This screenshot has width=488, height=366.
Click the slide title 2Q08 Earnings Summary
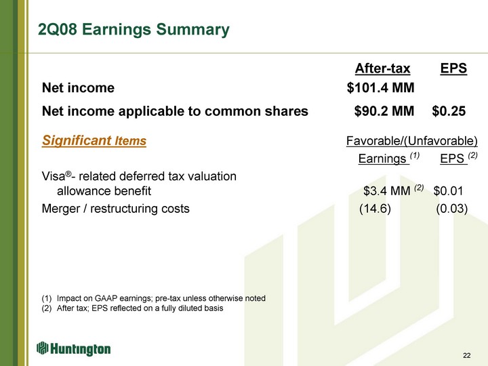[x=134, y=30]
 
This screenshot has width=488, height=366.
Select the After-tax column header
[x=382, y=68]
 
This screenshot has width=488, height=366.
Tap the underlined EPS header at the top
[x=453, y=68]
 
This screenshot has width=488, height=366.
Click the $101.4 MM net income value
[x=381, y=87]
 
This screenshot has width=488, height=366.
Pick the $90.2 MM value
[x=384, y=111]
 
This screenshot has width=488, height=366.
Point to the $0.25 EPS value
[x=449, y=111]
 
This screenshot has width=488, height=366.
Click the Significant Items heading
[x=94, y=140]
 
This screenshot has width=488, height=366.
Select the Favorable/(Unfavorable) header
[x=412, y=141]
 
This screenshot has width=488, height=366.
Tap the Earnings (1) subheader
[x=389, y=158]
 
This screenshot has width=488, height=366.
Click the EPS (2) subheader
[x=458, y=158]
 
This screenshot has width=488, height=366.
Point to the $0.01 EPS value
[x=448, y=190]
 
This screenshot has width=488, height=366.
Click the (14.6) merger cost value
[x=375, y=209]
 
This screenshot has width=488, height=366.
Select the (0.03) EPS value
[x=452, y=209]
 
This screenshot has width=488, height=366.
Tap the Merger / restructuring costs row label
[x=115, y=209]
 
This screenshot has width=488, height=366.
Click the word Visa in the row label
[x=54, y=176]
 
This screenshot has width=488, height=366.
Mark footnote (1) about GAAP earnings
[x=153, y=298]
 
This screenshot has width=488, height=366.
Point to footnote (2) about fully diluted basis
[x=132, y=308]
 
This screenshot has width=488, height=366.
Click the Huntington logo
[x=73, y=348]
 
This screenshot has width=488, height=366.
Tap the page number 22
[x=467, y=355]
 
